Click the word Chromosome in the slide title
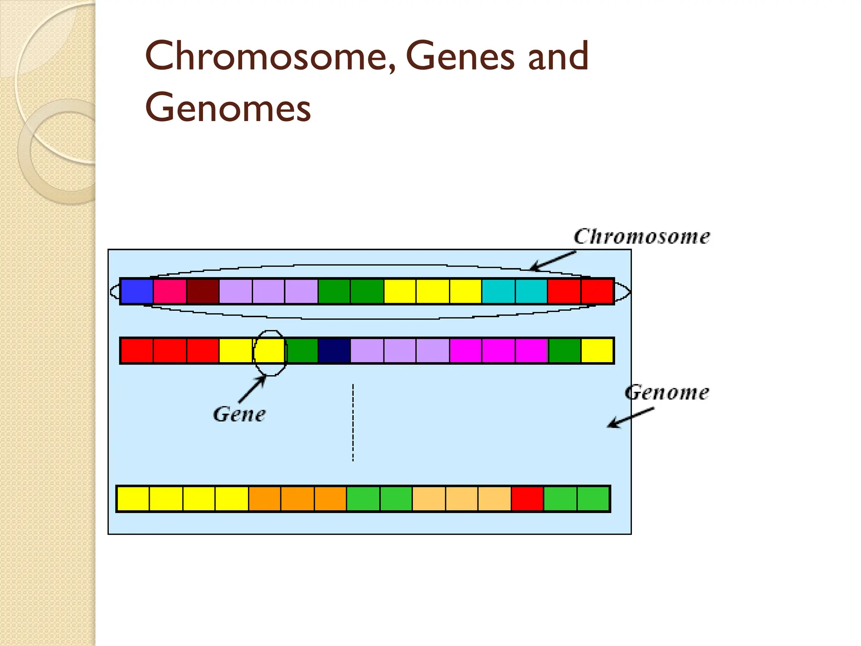coord(269,57)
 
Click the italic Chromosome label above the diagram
coord(642,237)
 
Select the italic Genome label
coord(667,392)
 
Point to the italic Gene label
coord(239,414)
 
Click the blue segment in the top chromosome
coord(137,291)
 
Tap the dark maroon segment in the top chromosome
coord(203,291)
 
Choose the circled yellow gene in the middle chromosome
coord(270,350)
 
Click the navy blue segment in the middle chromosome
coord(335,350)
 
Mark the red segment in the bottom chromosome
coord(528,499)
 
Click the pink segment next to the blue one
coord(170,291)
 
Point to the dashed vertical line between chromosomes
coord(353,423)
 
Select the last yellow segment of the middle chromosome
coord(597,350)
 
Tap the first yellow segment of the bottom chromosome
coord(133,499)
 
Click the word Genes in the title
coord(460,57)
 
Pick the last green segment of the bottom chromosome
coord(593,499)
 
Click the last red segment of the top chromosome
coord(597,291)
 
